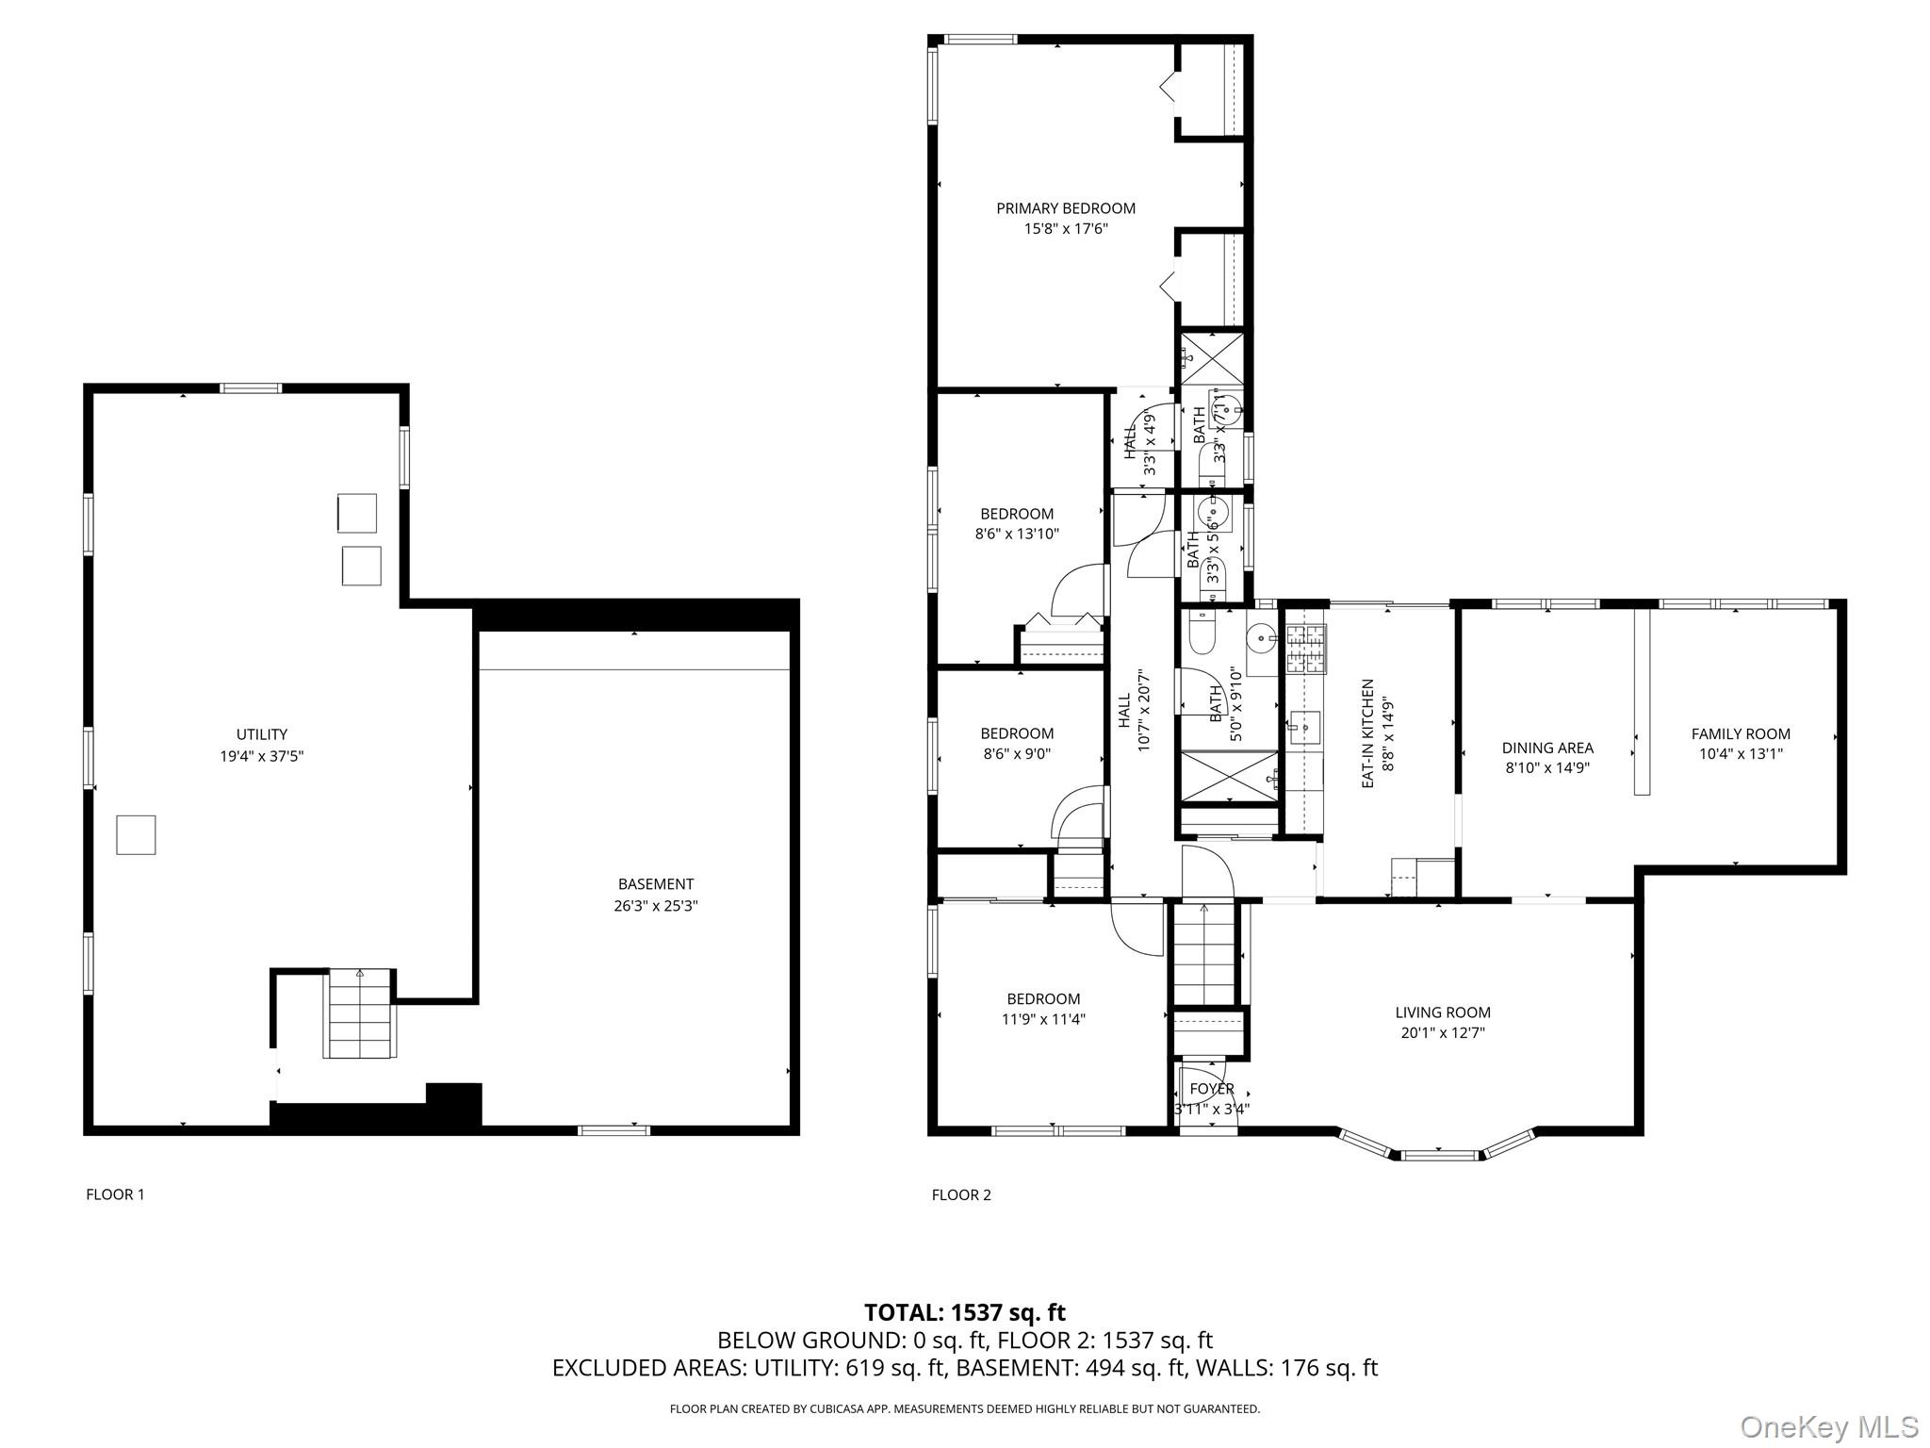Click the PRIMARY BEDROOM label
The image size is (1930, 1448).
(1065, 208)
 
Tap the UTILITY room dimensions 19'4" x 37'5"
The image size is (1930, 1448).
(262, 755)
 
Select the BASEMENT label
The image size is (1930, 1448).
(655, 884)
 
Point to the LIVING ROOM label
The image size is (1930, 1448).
(1442, 1012)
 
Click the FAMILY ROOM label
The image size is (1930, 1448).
(1740, 733)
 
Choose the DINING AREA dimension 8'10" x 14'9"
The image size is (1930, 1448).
(1547, 767)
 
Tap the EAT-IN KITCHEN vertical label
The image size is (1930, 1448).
(1367, 732)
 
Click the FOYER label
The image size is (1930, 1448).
(1211, 1089)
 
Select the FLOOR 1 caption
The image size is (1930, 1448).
(115, 1194)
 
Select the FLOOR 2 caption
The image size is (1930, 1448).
(961, 1194)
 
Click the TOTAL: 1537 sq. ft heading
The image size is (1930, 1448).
(964, 1311)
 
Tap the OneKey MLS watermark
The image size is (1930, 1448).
(1828, 1426)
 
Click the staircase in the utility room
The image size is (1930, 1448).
(359, 1013)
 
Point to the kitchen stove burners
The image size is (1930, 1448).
(1305, 649)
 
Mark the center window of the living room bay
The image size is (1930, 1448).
(1438, 1154)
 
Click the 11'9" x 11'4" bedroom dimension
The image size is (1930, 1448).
(1042, 1019)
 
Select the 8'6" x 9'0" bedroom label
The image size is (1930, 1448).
(1016, 733)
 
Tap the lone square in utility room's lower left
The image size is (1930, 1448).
(136, 834)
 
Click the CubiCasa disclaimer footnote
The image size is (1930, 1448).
(964, 1408)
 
